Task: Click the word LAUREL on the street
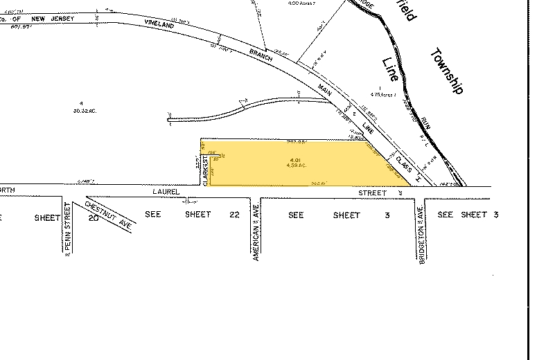coord(167,191)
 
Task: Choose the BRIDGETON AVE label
coord(420,240)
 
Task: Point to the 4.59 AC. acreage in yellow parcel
coord(296,168)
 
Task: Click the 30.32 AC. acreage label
coord(82,109)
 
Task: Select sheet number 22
coord(234,215)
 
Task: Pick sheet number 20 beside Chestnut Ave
coord(94,217)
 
